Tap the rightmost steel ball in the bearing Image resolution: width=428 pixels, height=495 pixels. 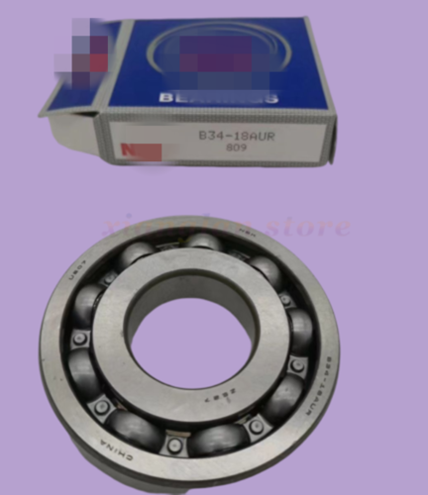click(x=299, y=329)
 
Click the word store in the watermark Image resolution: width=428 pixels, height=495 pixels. click(x=317, y=227)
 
